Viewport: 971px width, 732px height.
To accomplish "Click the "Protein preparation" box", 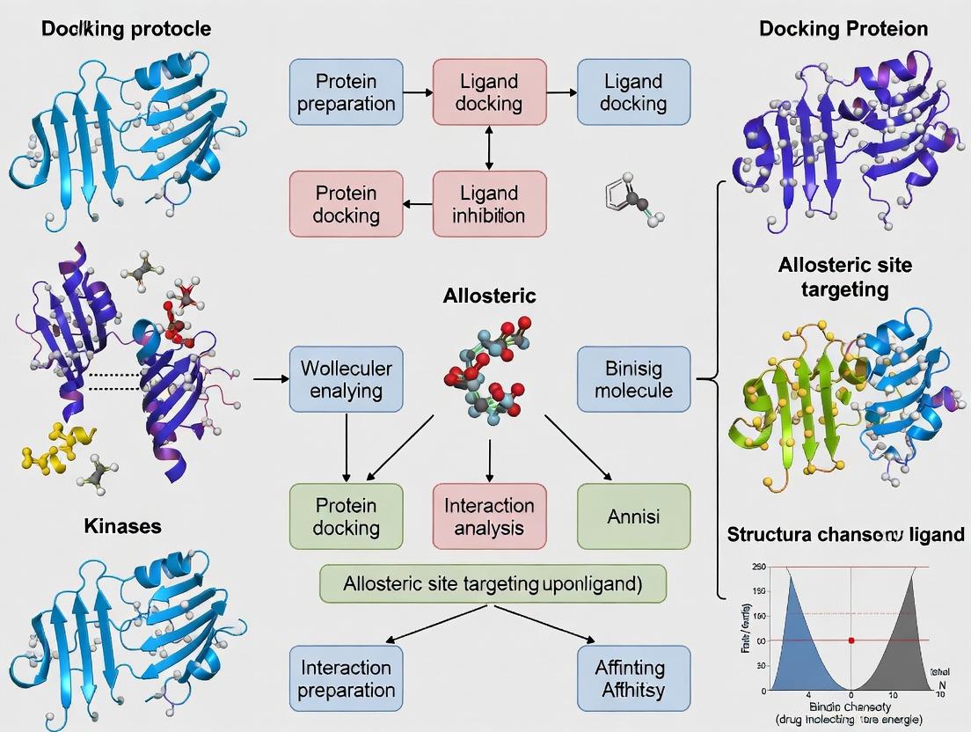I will click(346, 92).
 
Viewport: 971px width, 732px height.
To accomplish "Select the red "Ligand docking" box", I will click(489, 92).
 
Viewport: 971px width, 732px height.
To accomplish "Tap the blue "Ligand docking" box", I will click(633, 92).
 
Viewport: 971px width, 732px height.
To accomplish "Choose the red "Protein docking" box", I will click(346, 203).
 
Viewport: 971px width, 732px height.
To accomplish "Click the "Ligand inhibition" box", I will click(489, 203).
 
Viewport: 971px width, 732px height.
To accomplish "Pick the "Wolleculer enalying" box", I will click(346, 379).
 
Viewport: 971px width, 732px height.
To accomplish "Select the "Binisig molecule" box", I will click(633, 379).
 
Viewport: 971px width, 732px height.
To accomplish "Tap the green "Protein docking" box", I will click(346, 516).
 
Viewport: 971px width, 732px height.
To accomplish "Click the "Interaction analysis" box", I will click(489, 516).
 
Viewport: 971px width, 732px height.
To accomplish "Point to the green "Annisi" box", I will click(633, 516).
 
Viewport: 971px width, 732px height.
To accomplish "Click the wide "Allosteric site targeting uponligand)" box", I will click(493, 583).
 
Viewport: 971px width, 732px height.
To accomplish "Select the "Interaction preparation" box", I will click(346, 678).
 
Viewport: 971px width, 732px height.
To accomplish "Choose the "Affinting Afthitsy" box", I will click(633, 678).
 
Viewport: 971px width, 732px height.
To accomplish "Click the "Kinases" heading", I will click(122, 526).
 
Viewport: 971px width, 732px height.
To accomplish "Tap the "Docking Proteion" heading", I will click(843, 29).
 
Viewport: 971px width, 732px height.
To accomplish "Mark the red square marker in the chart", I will click(851, 640).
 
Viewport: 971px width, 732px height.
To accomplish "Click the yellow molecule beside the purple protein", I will click(55, 443).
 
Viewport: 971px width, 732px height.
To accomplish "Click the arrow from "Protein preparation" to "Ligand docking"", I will click(418, 92).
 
